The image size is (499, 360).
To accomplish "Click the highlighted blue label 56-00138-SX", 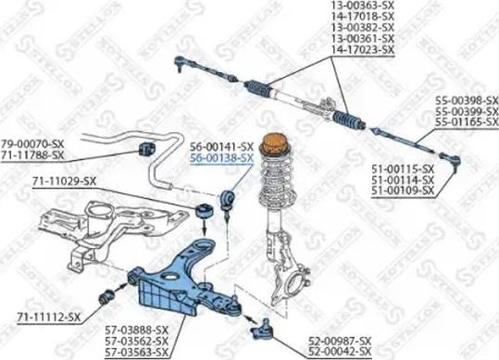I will [221, 159].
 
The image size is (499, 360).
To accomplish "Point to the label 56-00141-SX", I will [221, 147].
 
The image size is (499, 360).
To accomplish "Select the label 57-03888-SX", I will [137, 329].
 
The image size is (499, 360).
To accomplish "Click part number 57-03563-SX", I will [137, 352].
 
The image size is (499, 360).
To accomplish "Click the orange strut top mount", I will [273, 146].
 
